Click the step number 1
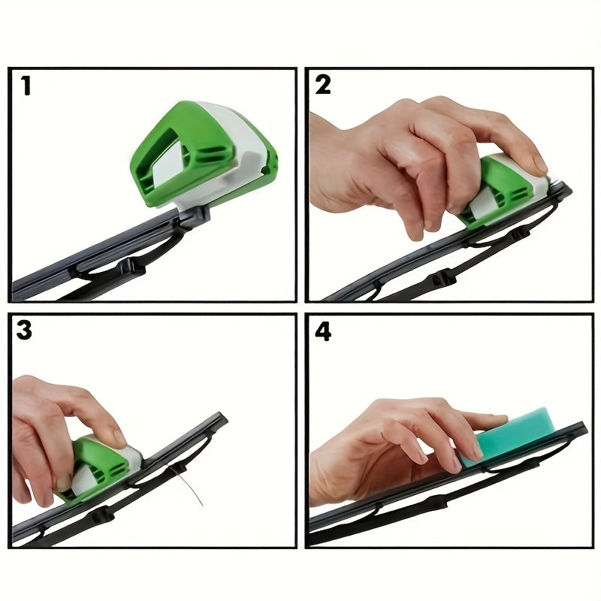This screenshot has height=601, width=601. (26, 86)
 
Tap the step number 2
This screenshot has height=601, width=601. (323, 85)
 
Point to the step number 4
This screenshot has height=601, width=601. (323, 331)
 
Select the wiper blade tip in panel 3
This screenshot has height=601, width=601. (219, 418)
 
